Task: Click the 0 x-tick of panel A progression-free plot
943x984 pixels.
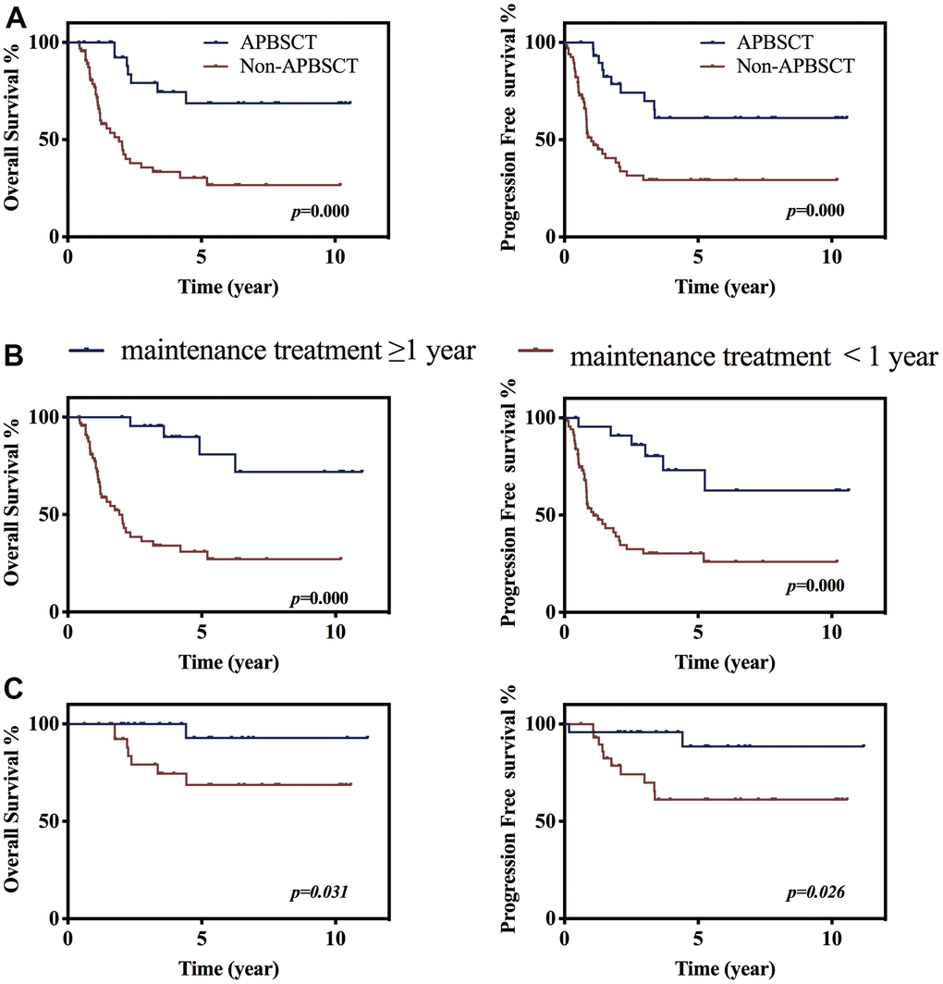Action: point(564,258)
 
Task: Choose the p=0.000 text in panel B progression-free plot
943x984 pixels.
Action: point(814,587)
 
